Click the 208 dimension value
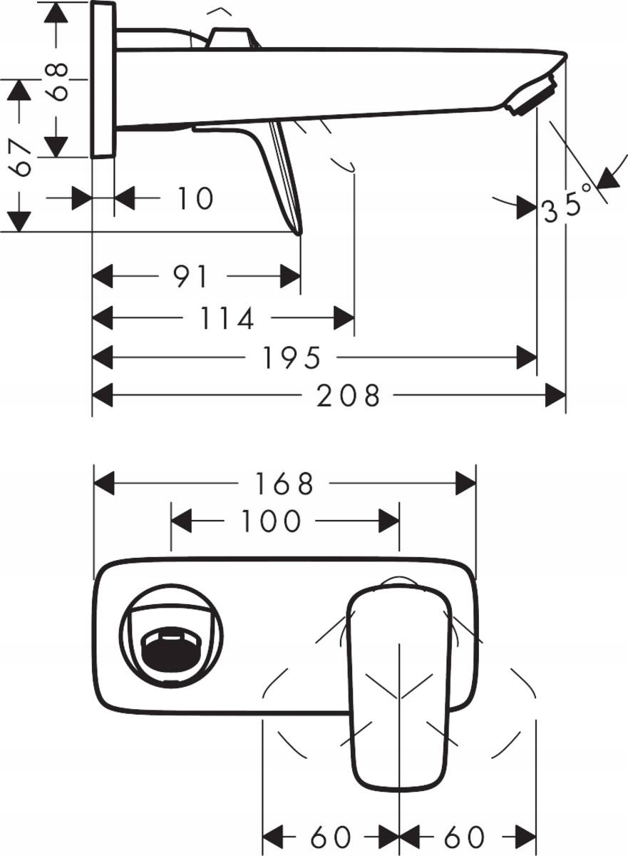click(349, 395)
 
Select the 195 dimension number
click(292, 358)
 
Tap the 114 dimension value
click(227, 319)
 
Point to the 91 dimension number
click(191, 277)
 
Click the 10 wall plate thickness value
click(195, 198)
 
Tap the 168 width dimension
click(285, 484)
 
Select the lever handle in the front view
click(398, 685)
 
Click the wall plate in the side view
click(103, 78)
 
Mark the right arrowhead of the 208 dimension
click(555, 395)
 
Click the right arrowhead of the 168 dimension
click(466, 484)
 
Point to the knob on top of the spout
click(230, 37)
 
